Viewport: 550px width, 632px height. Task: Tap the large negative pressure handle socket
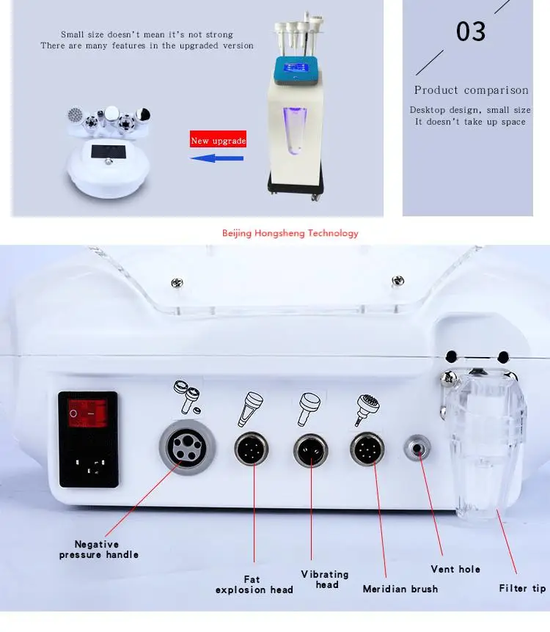point(188,447)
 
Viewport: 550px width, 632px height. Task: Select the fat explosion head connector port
point(252,448)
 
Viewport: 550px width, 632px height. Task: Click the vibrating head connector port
point(312,449)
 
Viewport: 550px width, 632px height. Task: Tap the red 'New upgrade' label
point(218,141)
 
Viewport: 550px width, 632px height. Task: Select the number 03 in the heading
point(471,32)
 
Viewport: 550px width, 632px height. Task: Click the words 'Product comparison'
point(471,90)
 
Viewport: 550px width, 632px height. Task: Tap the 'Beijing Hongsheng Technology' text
point(290,233)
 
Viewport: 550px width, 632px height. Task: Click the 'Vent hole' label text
point(455,569)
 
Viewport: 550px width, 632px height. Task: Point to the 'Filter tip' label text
point(522,588)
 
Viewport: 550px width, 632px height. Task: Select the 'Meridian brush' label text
point(400,589)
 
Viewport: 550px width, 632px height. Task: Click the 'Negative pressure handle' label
point(99,549)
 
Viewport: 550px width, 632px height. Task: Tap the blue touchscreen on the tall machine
point(296,70)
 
